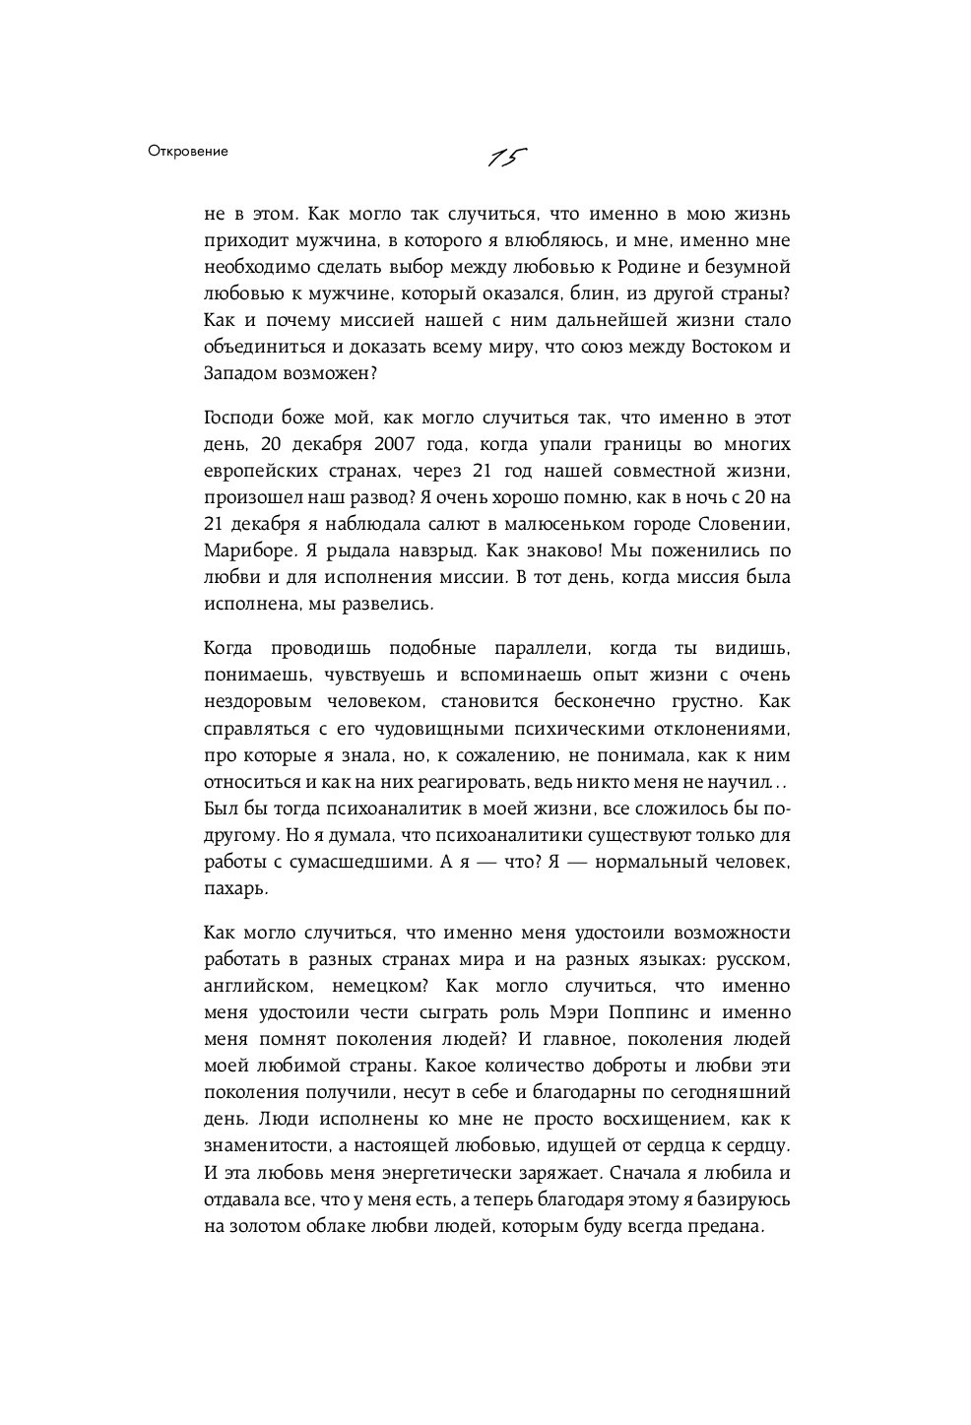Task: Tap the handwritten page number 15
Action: click(507, 158)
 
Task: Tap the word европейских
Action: click(258, 470)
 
